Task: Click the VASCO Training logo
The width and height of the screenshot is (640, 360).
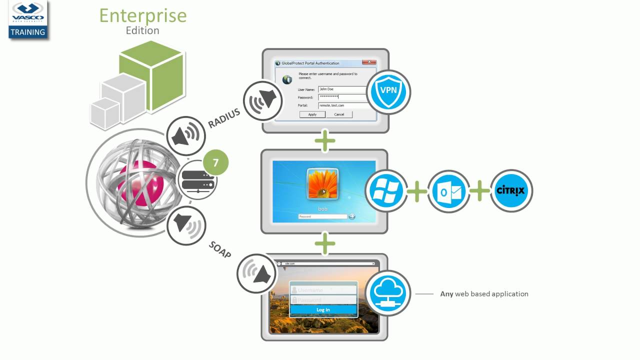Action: click(x=28, y=20)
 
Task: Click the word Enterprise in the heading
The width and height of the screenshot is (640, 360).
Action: click(x=142, y=15)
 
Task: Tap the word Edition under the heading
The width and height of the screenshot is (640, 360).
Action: click(x=142, y=30)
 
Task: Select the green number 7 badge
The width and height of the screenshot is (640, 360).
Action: click(x=215, y=163)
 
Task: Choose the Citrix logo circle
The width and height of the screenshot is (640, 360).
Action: click(x=511, y=190)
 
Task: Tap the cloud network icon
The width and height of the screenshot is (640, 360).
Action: click(x=388, y=293)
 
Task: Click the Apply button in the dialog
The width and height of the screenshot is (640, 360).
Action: click(x=312, y=114)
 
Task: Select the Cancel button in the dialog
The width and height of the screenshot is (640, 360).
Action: click(x=339, y=114)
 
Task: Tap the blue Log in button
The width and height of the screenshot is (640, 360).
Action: click(x=323, y=309)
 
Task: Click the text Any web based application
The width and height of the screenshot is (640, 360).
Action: click(x=484, y=294)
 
